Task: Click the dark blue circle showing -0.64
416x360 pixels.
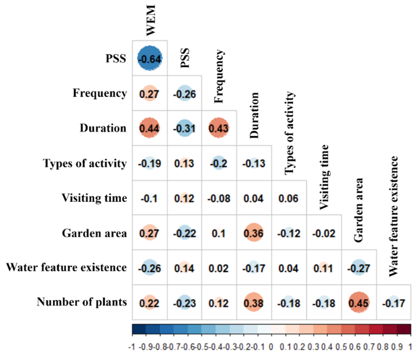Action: (149, 59)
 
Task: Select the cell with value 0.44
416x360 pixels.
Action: (149, 129)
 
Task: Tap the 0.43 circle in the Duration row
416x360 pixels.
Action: (218, 129)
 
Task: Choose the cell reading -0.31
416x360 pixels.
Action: (184, 129)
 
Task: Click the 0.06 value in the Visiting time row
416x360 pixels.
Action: (288, 198)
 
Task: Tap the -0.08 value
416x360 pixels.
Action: (218, 198)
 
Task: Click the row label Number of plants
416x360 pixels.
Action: (82, 302)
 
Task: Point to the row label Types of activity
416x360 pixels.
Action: (85, 164)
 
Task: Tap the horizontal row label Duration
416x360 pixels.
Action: (102, 129)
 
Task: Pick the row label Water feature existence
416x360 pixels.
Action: (66, 267)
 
